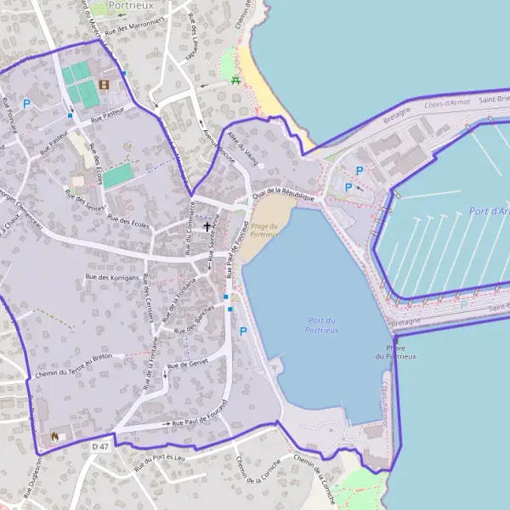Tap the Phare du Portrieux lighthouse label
pyautogui.click(x=395, y=352)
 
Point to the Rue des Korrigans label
pyautogui.click(x=111, y=277)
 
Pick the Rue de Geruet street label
pyautogui.click(x=188, y=364)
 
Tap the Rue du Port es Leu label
pyautogui.click(x=159, y=461)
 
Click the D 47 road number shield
pyautogui.click(x=100, y=446)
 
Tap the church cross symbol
pyautogui.click(x=207, y=227)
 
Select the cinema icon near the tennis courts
pyautogui.click(x=104, y=85)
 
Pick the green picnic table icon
pyautogui.click(x=235, y=81)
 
